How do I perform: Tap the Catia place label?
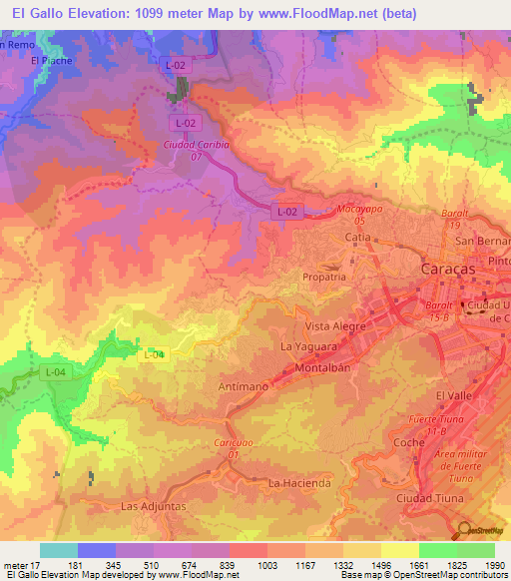pos(357,238)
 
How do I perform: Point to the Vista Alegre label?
pos(336,326)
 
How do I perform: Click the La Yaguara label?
pos(305,346)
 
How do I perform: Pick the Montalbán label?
pos(320,367)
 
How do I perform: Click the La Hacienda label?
pos(299,483)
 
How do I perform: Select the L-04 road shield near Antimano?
pos(154,354)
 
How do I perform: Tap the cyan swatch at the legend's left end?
pos(58,551)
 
